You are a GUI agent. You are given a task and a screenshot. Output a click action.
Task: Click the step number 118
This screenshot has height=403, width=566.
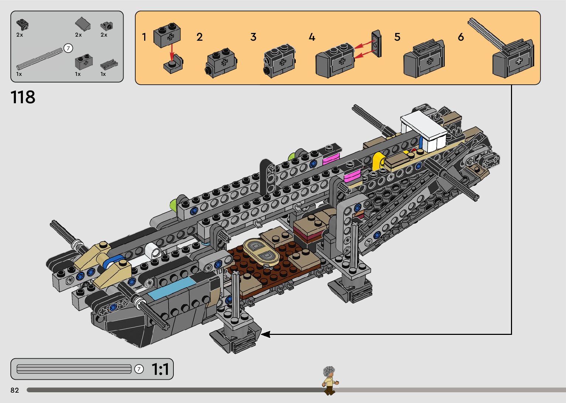[x=23, y=97]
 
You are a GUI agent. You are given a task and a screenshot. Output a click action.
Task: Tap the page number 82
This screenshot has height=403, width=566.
[x=15, y=390]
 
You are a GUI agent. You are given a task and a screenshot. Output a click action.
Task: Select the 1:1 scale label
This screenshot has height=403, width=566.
[x=160, y=369]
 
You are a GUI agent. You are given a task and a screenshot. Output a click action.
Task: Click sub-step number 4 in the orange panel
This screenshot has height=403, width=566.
[x=312, y=37]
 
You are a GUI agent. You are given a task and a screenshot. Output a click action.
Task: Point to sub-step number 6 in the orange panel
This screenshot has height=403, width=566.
[x=461, y=37]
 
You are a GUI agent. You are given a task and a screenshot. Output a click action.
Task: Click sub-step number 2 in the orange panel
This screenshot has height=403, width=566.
[x=200, y=37]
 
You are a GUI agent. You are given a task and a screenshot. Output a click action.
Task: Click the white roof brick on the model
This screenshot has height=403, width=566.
[x=423, y=129]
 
